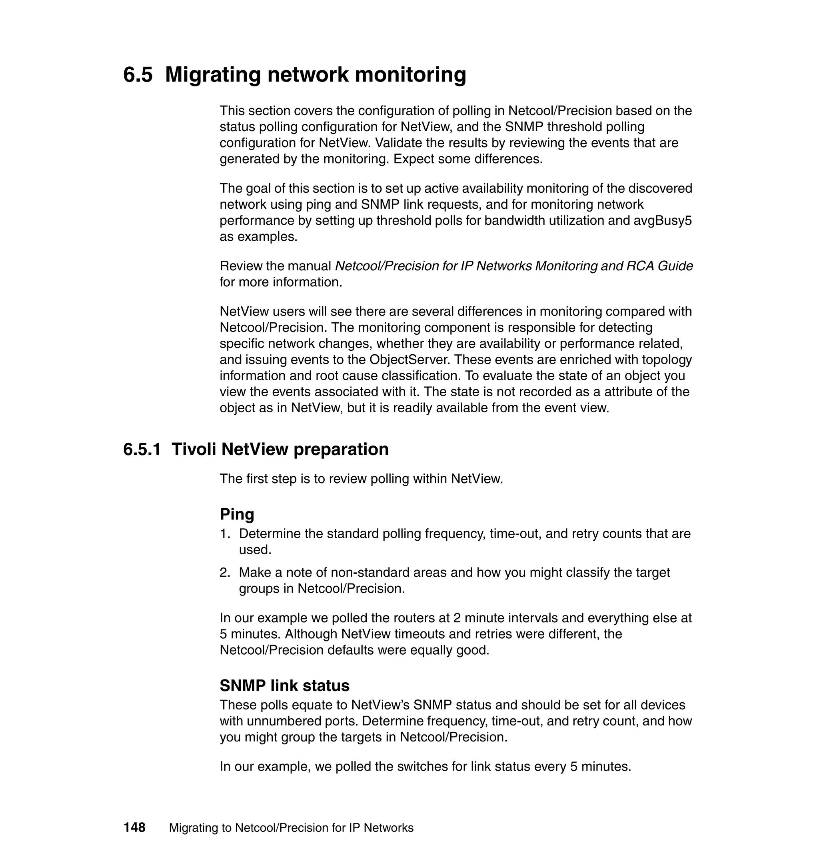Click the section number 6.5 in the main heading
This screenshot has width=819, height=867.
point(138,75)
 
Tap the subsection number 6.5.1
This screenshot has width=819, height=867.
point(142,449)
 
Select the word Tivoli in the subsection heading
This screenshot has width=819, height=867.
point(194,449)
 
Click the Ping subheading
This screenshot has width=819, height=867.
point(237,514)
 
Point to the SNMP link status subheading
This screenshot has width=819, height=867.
point(284,685)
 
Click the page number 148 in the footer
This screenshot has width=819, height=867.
point(134,827)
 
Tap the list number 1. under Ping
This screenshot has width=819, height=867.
point(224,533)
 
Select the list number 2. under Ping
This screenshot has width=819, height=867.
point(224,572)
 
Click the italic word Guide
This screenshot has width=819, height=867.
point(675,266)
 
